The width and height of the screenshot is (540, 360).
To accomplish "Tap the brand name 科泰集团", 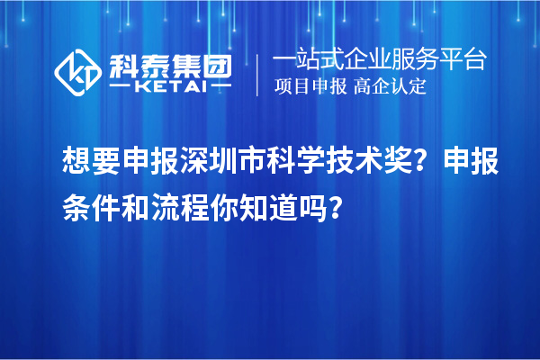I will coord(170,65).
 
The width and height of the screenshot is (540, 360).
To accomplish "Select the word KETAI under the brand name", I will coord(170,87).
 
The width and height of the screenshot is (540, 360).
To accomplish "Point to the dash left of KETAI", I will coord(121,87).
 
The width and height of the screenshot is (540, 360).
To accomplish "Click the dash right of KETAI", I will coord(220,87).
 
